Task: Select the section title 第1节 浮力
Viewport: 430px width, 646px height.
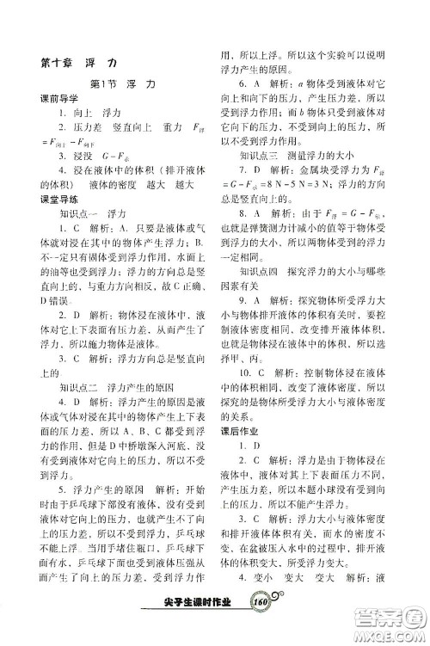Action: [120, 86]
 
